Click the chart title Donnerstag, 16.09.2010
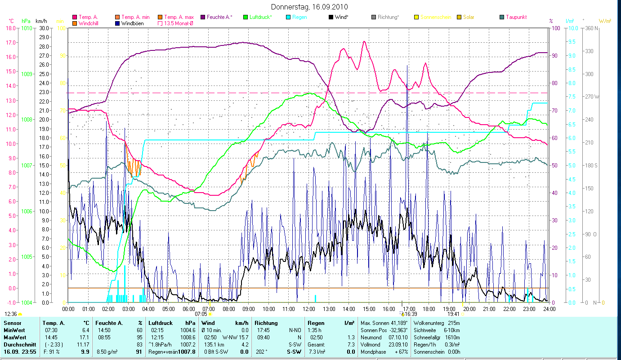309,7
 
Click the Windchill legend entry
91,23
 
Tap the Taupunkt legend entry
516,17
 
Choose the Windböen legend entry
132,23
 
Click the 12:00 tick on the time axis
308,309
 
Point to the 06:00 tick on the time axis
188,309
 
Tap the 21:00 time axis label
489,309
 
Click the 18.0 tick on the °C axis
10,28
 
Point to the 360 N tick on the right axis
590,28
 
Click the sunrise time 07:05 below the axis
201,314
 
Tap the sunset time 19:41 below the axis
453,314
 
